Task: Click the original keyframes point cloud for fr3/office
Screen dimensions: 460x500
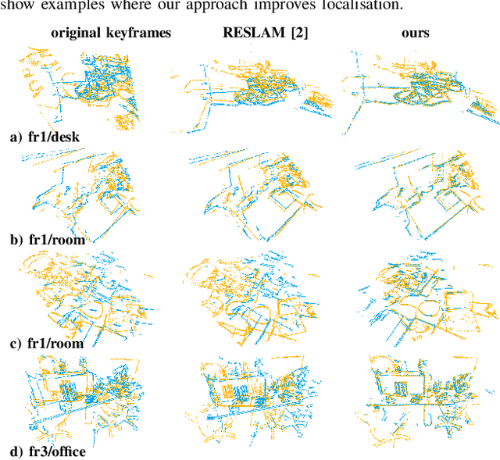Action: click(90, 394)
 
